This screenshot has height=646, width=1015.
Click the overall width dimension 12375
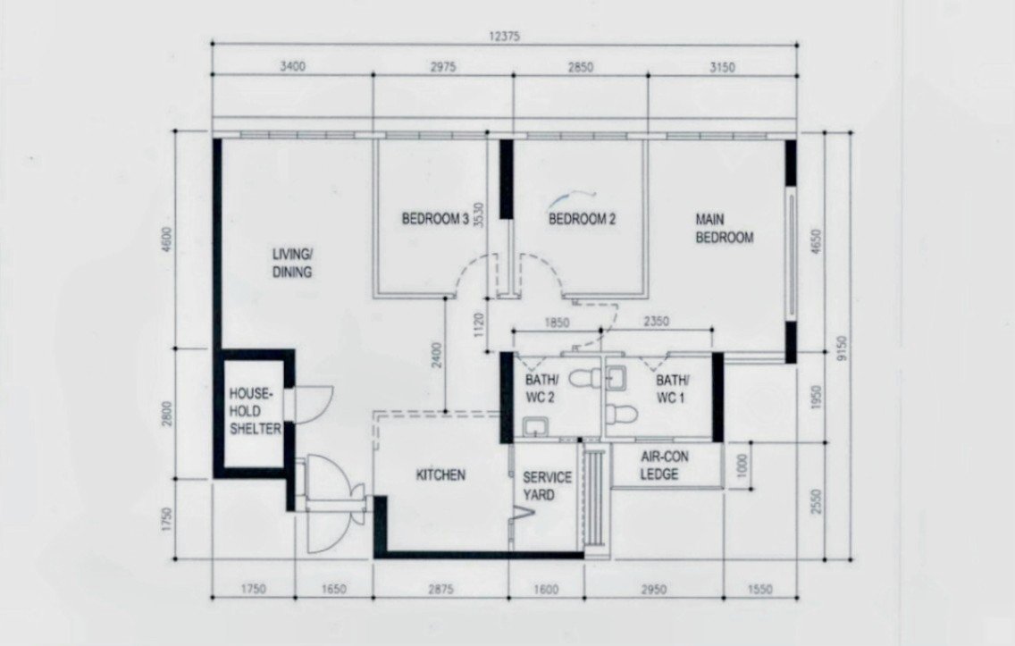pos(503,37)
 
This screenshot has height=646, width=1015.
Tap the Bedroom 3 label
pos(435,219)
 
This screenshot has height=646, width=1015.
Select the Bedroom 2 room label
pos(582,219)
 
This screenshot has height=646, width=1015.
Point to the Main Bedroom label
pos(725,229)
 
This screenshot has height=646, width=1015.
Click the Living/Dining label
pos(292,263)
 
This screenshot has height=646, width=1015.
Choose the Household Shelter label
pos(255,411)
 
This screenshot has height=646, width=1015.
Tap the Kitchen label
pos(440,475)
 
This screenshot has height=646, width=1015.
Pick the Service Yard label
pos(547,486)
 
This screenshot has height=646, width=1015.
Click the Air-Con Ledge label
pos(664,466)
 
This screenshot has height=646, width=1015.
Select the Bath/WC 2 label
pos(540,389)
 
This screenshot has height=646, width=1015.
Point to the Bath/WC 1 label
pos(671,389)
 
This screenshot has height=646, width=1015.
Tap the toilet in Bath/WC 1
pos(623,412)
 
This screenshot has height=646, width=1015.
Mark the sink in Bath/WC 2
pos(535,426)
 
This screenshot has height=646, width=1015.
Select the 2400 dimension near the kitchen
pos(438,356)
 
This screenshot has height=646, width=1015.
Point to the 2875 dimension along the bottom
pos(440,589)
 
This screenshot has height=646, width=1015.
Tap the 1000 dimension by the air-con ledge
pos(742,465)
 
